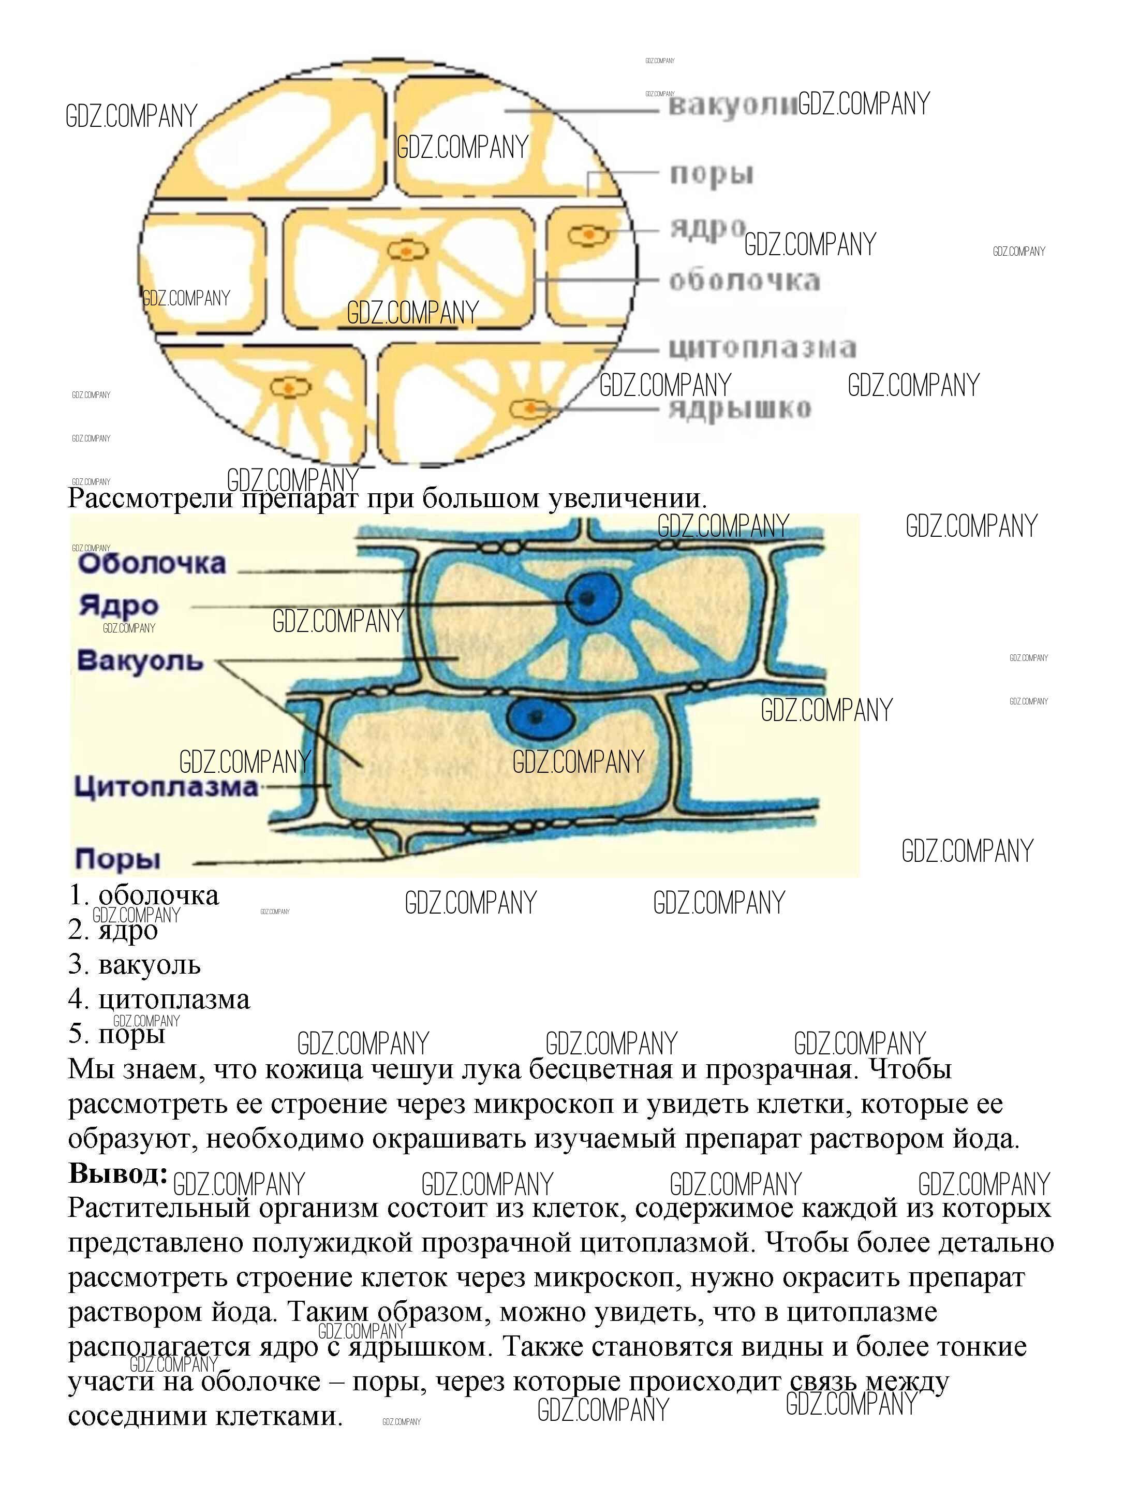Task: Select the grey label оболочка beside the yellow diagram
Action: (x=745, y=280)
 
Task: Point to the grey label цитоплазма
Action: (x=762, y=348)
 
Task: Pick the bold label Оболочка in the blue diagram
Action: (x=151, y=563)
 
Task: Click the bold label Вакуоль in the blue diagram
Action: (x=140, y=659)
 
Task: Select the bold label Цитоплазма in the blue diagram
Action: (x=166, y=786)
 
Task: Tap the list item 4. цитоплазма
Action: (x=159, y=998)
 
